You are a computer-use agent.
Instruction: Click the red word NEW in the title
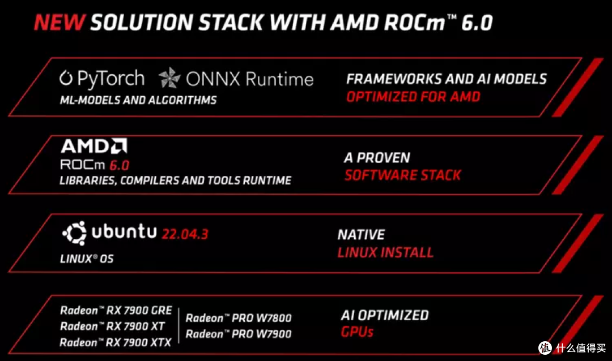tap(59, 22)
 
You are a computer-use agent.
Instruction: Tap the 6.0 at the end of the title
tap(477, 23)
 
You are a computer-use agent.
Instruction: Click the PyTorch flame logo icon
tap(66, 78)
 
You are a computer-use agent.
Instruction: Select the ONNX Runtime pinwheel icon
tap(169, 78)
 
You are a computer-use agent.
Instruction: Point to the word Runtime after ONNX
tap(279, 79)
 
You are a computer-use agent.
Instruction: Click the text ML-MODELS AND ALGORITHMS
tap(138, 100)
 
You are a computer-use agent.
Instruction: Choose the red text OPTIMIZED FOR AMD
tap(413, 97)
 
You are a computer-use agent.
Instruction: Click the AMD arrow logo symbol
tap(118, 146)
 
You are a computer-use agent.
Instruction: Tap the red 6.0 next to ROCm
tap(119, 165)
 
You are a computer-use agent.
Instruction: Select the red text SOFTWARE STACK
tap(403, 175)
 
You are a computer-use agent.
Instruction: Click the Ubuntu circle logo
tap(74, 233)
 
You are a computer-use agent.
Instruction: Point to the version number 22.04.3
tap(185, 234)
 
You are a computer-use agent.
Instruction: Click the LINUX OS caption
tap(87, 259)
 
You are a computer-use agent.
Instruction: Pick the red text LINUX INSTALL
tap(386, 252)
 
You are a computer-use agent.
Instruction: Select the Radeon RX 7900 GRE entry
tap(116, 310)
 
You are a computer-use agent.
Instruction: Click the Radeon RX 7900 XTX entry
tap(116, 342)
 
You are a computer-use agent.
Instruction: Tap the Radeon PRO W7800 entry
tap(239, 318)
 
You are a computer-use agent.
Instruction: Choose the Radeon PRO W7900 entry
tap(239, 334)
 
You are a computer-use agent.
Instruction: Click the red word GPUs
tap(357, 332)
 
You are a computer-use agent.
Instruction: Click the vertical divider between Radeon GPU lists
tap(178, 326)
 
